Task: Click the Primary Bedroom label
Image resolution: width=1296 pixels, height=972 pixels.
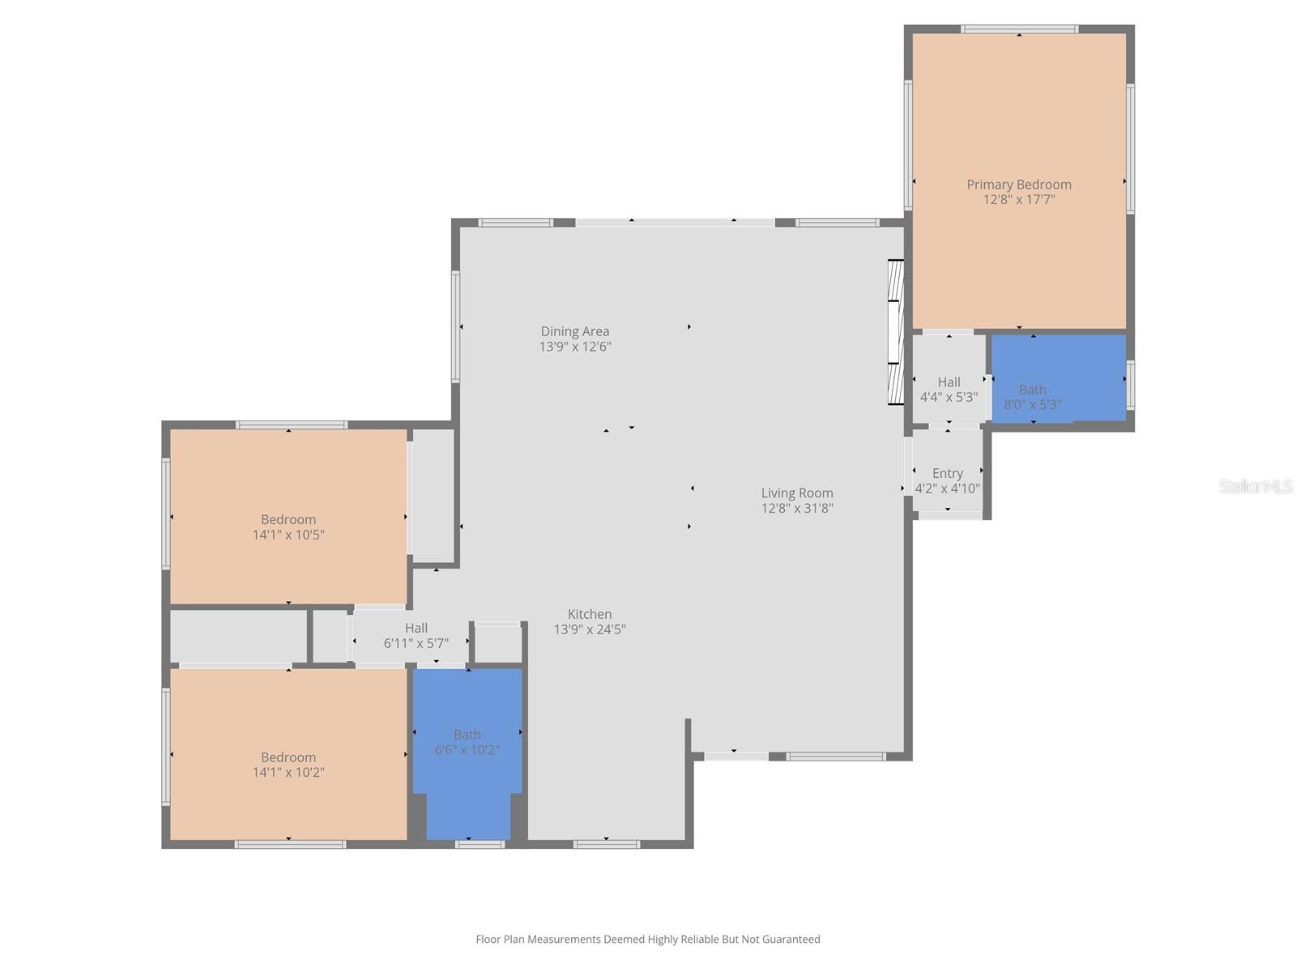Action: point(1018,185)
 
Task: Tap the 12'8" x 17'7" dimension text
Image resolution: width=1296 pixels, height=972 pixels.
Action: point(1018,200)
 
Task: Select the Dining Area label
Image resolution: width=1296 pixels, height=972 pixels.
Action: point(574,331)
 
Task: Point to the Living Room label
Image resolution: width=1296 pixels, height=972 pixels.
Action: point(796,493)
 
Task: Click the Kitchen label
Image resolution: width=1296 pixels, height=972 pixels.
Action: point(589,615)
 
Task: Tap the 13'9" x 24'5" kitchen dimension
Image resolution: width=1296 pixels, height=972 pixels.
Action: point(589,629)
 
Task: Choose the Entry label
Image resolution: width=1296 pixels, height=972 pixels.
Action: point(947,474)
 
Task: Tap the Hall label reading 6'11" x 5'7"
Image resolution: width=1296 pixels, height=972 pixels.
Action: point(416,636)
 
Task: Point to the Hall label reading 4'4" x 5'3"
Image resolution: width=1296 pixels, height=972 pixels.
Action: point(949,390)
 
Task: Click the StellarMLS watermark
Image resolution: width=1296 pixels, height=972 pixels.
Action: point(1255,487)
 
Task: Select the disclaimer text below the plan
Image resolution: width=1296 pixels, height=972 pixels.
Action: point(647,940)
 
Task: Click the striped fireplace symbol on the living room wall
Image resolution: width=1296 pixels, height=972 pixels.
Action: point(894,332)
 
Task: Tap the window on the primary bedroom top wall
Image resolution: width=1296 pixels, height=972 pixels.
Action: point(1019,29)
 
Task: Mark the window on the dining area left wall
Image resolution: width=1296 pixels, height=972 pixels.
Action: point(456,326)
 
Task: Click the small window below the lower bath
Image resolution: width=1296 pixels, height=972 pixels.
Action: point(480,844)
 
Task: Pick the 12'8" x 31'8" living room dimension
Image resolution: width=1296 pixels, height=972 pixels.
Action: point(796,509)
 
